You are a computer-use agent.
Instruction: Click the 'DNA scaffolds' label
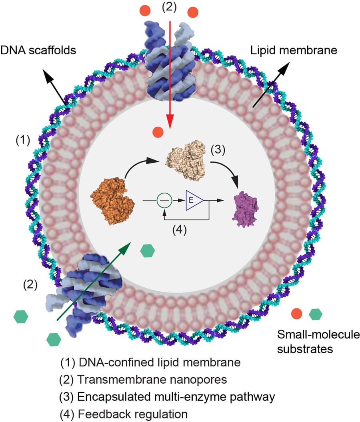pyautogui.click(x=38, y=50)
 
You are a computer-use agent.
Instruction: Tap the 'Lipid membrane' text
pyautogui.click(x=294, y=51)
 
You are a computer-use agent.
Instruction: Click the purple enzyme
pyautogui.click(x=245, y=208)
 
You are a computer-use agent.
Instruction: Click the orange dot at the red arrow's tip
pyautogui.click(x=158, y=131)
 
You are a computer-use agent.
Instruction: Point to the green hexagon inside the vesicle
pyautogui.click(x=148, y=251)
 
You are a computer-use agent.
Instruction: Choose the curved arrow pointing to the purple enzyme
pyautogui.click(x=230, y=172)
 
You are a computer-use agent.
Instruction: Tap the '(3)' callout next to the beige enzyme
pyautogui.click(x=218, y=149)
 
